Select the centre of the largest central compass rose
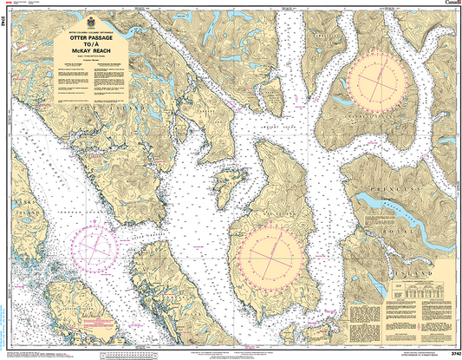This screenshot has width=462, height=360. click(x=275, y=252)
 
